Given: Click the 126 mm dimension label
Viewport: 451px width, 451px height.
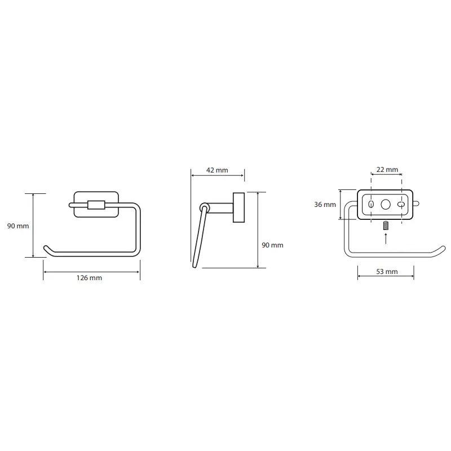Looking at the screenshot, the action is point(89,278).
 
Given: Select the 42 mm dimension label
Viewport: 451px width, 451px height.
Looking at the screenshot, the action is point(217,170).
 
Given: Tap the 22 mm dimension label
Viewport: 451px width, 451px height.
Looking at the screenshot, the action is point(387,170).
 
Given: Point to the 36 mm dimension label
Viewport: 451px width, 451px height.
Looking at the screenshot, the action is point(325,205).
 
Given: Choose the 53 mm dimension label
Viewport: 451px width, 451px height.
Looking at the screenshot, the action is point(387,272).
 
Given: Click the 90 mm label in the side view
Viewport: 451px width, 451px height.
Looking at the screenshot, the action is point(272,245).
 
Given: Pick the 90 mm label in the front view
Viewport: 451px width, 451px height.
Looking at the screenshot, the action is point(18,226).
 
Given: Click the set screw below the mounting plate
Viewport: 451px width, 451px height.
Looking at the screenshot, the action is point(386,225).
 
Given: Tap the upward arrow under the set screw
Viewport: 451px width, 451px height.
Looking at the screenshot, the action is point(386,238).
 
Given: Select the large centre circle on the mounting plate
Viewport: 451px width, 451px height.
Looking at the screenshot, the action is point(386,205).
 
